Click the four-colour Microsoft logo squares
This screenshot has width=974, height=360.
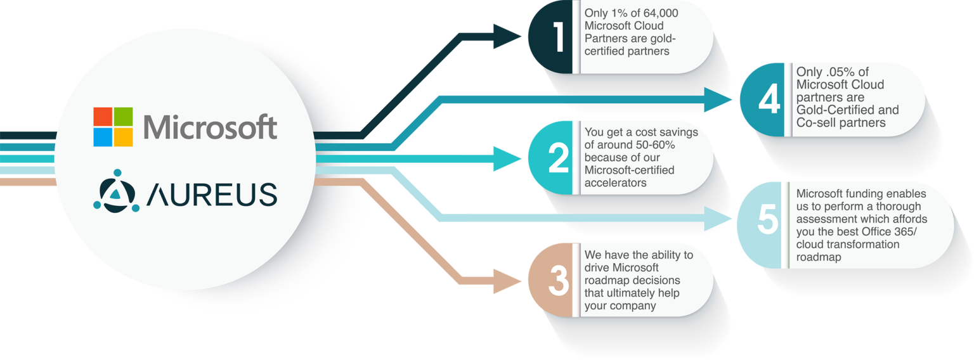(x=114, y=127)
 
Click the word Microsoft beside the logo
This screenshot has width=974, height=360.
(x=210, y=127)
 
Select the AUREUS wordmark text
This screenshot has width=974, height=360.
(x=212, y=194)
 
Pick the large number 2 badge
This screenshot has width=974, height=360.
(x=558, y=158)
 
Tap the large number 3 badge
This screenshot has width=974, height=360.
(x=558, y=280)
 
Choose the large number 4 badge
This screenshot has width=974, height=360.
(x=768, y=100)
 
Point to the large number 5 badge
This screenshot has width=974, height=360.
(x=767, y=219)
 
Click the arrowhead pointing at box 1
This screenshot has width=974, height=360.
(x=507, y=37)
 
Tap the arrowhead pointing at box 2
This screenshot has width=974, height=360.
(x=507, y=158)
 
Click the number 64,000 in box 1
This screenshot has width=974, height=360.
(x=659, y=14)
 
